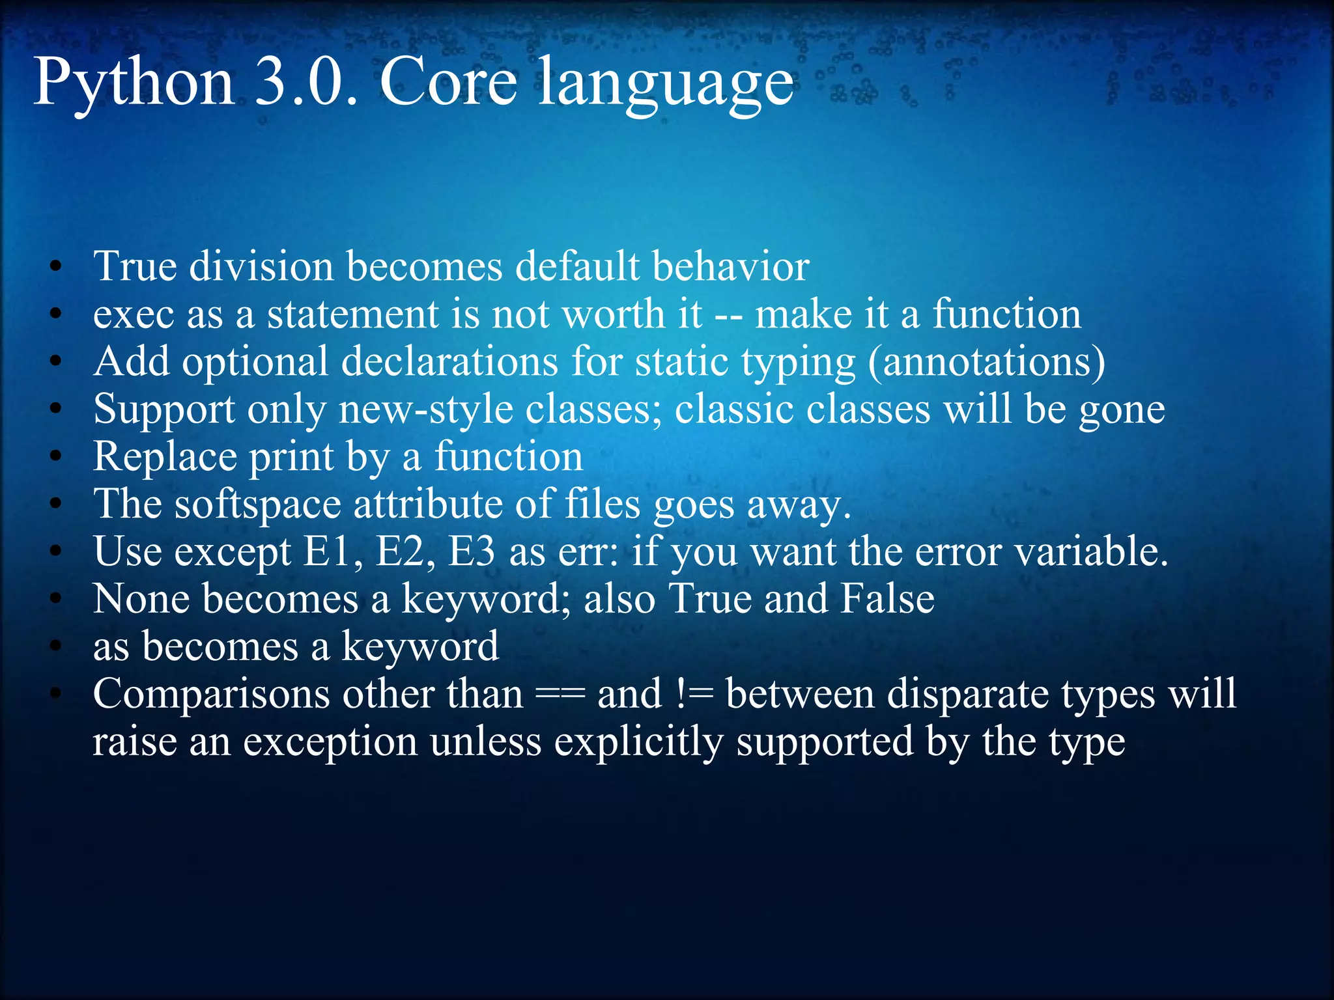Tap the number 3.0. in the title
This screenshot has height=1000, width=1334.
(305, 82)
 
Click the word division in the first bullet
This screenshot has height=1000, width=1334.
(261, 266)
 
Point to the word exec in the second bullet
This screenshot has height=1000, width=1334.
(134, 314)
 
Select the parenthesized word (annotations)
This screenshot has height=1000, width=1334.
(986, 362)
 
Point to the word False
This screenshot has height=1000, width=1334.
(887, 599)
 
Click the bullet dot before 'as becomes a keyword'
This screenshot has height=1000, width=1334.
(57, 646)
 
